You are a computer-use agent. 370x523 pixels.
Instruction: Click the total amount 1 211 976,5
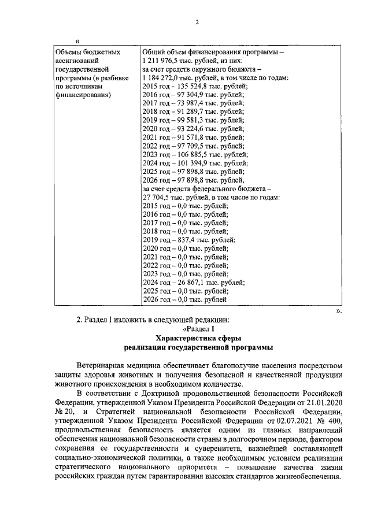coord(161,60)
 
